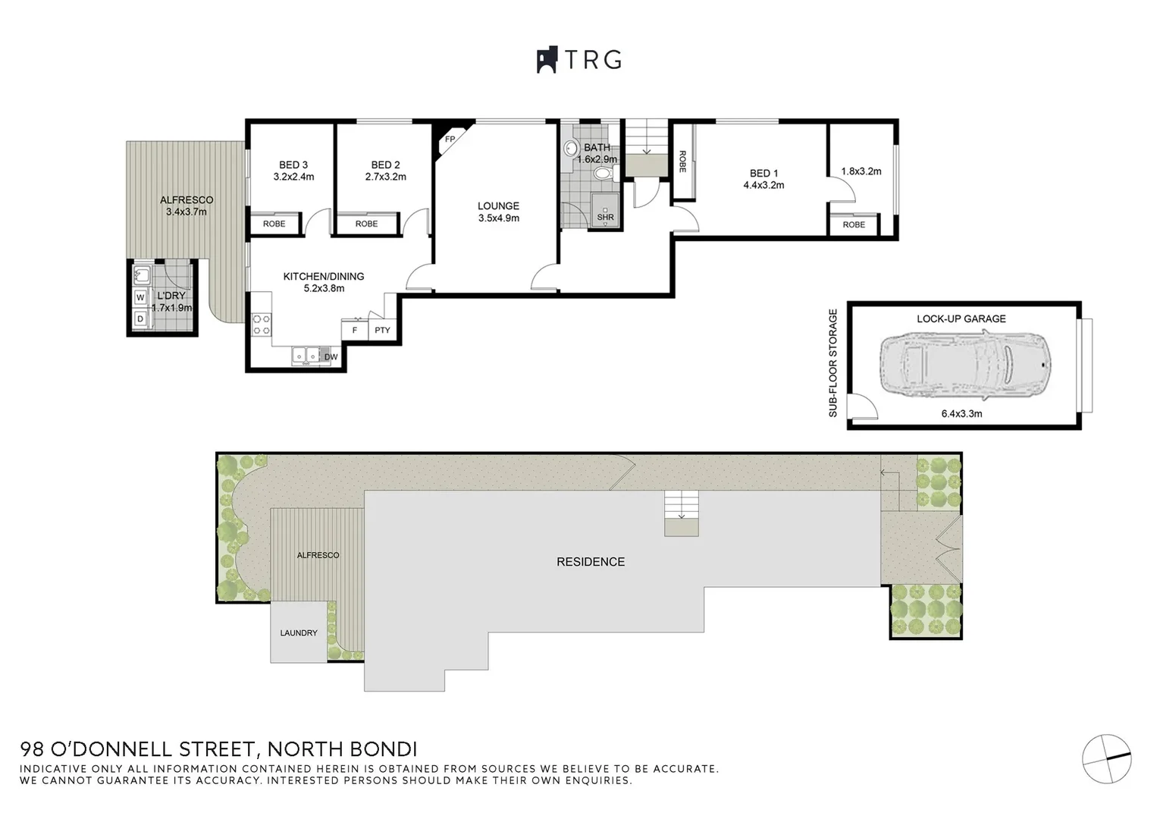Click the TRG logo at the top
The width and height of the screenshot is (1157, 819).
[x=579, y=60]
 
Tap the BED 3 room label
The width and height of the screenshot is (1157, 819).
[x=293, y=165]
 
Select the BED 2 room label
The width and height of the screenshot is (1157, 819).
[x=385, y=165]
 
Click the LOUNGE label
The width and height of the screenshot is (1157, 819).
[x=498, y=206]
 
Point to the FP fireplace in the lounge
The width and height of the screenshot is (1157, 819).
[x=450, y=140]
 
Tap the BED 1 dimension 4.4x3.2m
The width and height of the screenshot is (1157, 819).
[x=763, y=185]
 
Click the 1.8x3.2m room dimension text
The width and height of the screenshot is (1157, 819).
[x=861, y=171]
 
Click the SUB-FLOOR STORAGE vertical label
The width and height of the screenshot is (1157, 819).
[x=833, y=362]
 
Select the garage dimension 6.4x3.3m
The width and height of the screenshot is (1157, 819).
[x=961, y=414]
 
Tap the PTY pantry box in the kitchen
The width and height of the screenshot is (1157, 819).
[x=382, y=330]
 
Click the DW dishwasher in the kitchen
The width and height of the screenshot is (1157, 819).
[x=331, y=356]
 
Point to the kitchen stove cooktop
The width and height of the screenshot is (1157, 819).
[x=262, y=325]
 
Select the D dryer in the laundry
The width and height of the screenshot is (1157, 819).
[x=140, y=319]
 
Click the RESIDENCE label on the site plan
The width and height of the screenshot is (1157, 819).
[x=591, y=562]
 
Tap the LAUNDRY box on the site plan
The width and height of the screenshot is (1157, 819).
[x=299, y=632]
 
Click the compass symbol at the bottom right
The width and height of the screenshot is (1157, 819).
[x=1106, y=758]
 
